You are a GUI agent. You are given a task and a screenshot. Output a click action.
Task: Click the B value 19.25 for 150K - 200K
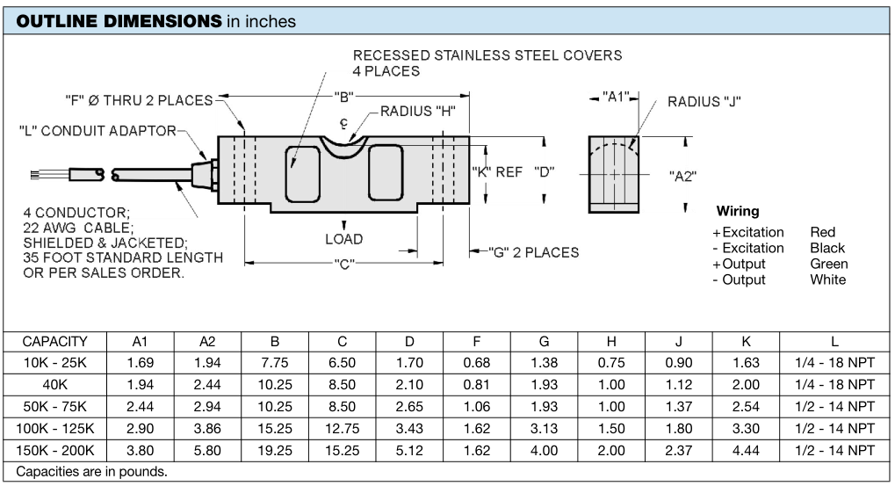pos(275,451)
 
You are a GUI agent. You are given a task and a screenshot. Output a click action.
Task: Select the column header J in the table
pos(679,342)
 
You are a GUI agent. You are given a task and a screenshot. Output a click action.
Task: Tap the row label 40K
pos(54,385)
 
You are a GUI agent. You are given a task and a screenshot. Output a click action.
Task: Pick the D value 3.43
pos(409,429)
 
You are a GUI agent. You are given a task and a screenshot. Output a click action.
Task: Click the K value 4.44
pos(746,451)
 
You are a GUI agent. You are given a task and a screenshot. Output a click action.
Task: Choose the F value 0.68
pos(477,363)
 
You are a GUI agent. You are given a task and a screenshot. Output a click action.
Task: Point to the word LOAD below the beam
pos(343,239)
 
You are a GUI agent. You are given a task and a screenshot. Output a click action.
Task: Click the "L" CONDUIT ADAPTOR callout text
pos(97,131)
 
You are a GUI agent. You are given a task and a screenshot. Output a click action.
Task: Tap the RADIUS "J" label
pos(704,102)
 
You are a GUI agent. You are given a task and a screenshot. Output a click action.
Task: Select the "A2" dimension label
pos(682,176)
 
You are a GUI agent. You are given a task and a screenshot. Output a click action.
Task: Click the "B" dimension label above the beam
pos(343,97)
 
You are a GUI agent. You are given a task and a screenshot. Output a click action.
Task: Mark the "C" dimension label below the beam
pos(343,265)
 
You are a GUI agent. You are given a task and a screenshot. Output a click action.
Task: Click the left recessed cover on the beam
pos(302,174)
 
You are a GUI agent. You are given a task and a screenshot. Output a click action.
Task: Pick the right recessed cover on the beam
pos(386,172)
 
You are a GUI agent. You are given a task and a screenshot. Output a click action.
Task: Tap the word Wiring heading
pos(738,211)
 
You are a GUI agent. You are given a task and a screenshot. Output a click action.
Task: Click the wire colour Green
pos(829,264)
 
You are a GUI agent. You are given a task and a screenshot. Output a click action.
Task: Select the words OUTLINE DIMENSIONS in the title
pos(119,21)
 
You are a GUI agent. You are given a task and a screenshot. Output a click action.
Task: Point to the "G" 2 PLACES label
pos(533,252)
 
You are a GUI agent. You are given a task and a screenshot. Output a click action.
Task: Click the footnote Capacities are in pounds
pos(91,472)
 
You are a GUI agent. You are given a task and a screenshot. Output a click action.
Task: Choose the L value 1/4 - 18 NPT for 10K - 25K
pos(834,363)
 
